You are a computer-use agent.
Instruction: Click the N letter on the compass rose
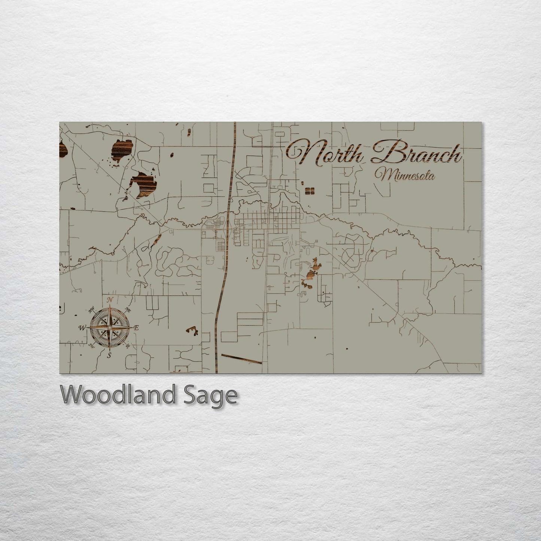click(110, 300)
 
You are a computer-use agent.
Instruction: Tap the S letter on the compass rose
click(109, 356)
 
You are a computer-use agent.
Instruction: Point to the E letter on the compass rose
click(136, 328)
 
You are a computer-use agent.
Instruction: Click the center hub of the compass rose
click(109, 328)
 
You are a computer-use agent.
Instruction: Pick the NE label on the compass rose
click(128, 310)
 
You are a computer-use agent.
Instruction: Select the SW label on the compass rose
click(91, 346)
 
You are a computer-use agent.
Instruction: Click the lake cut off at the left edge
click(63, 150)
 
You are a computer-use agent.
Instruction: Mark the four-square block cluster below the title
click(309, 191)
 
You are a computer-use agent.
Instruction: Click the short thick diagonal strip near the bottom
click(241, 358)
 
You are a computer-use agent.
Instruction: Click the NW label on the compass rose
click(91, 310)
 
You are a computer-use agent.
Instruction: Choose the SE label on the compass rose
click(128, 346)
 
